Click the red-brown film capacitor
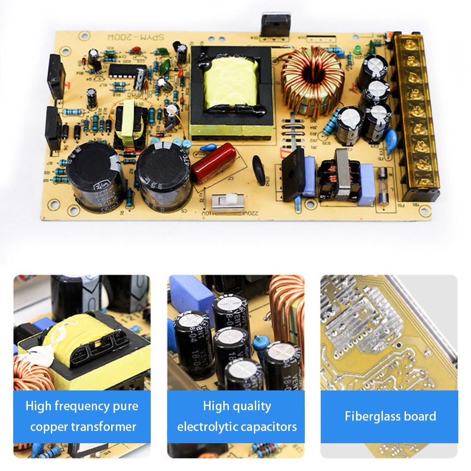[x=213, y=162]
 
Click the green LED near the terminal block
[x=357, y=49]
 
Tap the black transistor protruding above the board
[x=276, y=24]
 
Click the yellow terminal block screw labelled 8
[x=414, y=60]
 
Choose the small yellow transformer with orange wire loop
[x=129, y=123]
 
